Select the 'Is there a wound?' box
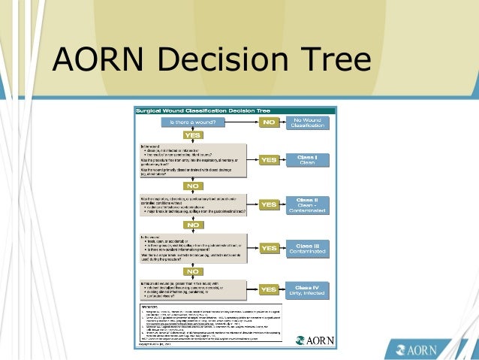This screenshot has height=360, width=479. click(193, 121)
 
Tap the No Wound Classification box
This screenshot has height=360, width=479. click(307, 122)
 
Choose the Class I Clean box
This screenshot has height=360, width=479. click(307, 159)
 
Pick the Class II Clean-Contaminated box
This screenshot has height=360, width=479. click(307, 205)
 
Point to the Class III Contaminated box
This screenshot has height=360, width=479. click(307, 248)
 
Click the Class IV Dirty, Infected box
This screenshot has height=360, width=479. click(307, 289)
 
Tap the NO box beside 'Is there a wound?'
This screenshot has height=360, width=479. click(270, 121)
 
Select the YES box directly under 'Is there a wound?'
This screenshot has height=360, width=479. click(193, 135)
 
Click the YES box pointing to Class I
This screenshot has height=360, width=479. click(268, 159)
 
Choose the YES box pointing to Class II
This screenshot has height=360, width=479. click(268, 204)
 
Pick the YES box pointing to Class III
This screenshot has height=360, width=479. click(268, 247)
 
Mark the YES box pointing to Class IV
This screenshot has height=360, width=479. click(268, 289)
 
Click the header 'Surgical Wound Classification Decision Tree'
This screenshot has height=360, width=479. click(203, 110)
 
